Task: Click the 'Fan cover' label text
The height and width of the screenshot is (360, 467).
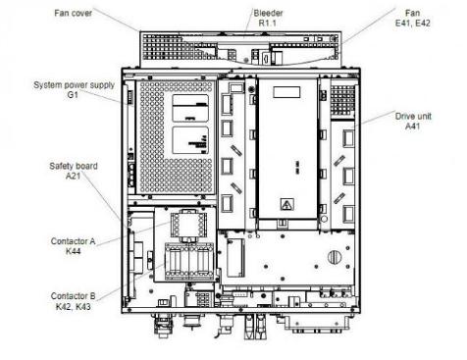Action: tap(73, 14)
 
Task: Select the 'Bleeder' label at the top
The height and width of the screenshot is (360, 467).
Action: tap(268, 14)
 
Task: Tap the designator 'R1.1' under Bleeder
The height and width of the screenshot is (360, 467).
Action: tap(268, 24)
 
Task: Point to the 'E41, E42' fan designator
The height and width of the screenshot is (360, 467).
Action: tap(413, 24)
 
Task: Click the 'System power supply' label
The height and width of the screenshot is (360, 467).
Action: tap(74, 85)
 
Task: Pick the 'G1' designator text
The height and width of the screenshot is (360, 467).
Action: tap(73, 95)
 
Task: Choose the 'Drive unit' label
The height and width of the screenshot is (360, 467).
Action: tap(413, 117)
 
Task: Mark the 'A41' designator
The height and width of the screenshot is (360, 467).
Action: tap(413, 127)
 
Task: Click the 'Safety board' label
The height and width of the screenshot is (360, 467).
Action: tap(74, 166)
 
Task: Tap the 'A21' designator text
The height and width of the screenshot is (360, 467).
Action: tap(73, 176)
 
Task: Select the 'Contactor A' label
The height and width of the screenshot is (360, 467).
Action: tap(73, 241)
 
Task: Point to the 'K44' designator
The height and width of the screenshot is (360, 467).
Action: tap(73, 251)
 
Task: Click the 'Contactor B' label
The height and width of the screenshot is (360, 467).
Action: tap(73, 296)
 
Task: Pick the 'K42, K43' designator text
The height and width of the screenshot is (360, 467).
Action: tap(73, 307)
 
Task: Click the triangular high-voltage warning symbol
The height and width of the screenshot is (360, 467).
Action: tap(287, 205)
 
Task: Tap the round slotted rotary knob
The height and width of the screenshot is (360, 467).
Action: tap(334, 257)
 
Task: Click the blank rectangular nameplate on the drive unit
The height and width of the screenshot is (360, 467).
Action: tap(286, 92)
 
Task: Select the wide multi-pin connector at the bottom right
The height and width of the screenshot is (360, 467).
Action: tap(317, 324)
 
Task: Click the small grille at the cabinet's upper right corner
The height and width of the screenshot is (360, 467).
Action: tap(342, 100)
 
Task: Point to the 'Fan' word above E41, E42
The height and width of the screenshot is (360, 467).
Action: tap(412, 14)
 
